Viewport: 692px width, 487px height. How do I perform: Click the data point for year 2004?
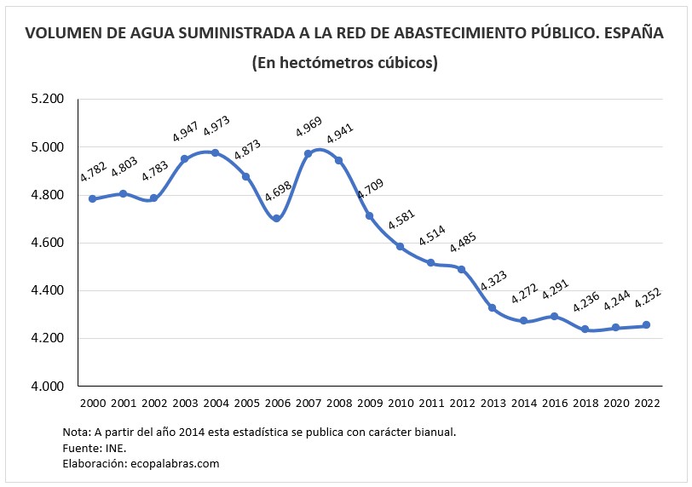pos(215,153)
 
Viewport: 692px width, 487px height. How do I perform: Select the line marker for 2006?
pos(277,219)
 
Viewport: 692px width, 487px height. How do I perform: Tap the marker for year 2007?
pos(308,154)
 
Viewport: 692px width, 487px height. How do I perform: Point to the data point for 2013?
pos(493,307)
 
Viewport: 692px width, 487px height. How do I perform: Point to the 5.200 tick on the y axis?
pos(48,100)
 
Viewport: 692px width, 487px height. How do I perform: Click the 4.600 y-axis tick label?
pos(48,243)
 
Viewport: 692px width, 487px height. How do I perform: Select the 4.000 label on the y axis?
pos(48,387)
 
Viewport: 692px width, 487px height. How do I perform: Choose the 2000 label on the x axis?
pos(92,402)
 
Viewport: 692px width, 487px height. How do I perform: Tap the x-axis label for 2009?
pos(369,402)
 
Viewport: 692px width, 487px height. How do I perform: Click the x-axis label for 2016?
pos(554,402)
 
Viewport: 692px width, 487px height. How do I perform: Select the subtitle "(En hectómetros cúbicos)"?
pos(345,63)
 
